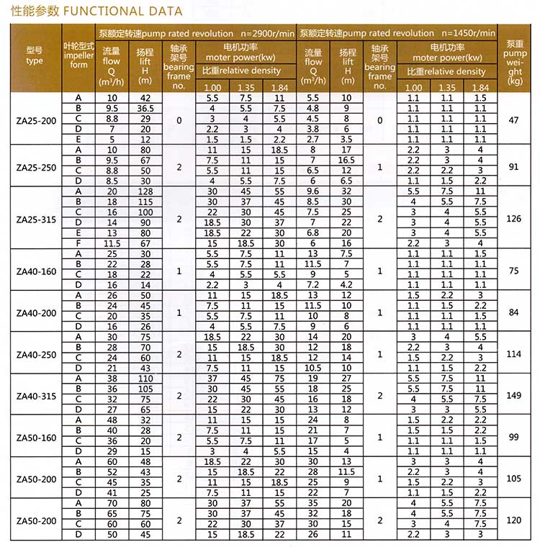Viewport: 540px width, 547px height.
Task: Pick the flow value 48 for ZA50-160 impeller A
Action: point(112,420)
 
